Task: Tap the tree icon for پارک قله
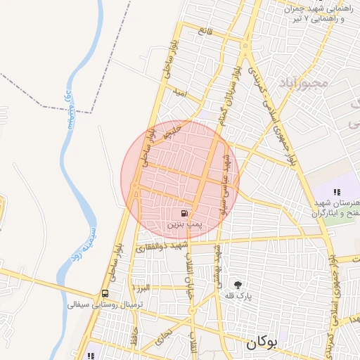pos(239,285)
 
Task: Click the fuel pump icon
pos(184,212)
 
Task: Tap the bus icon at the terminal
pos(105,293)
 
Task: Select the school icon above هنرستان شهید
pos(337,192)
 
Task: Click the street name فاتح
pos(205,30)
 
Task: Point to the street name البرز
pos(145,288)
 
